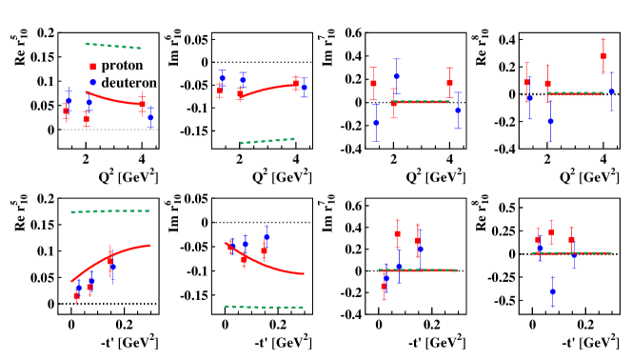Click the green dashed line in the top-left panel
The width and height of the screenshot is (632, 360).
tap(113, 45)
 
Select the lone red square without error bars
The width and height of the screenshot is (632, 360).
tap(92, 67)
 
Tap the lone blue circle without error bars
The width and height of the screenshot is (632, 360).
tap(92, 82)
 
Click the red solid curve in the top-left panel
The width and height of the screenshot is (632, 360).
tap(114, 100)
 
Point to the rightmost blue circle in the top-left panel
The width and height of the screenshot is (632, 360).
tap(150, 117)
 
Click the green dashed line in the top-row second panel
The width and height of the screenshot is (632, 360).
tap(267, 141)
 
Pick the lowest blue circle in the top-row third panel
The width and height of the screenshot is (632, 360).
tap(376, 123)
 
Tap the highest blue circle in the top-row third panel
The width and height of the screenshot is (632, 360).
tap(396, 76)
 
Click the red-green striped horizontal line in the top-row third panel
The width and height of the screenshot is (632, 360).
tap(420, 102)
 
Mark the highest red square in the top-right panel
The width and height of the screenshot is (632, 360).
tap(603, 56)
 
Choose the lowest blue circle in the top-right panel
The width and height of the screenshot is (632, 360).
tap(550, 121)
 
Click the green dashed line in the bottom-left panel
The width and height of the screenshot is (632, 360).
tap(109, 211)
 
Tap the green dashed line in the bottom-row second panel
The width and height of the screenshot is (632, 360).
tap(264, 307)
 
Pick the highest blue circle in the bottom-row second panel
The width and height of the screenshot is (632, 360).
tap(267, 236)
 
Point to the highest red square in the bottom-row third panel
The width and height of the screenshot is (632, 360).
tap(397, 233)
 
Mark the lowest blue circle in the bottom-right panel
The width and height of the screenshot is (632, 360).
tap(552, 291)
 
